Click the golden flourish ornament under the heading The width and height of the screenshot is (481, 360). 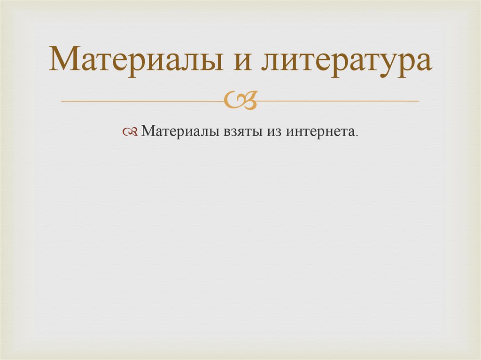pyautogui.click(x=240, y=100)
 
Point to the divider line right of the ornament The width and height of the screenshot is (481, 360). pyautogui.click(x=338, y=101)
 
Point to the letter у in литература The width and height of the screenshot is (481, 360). pyautogui.click(x=396, y=66)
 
